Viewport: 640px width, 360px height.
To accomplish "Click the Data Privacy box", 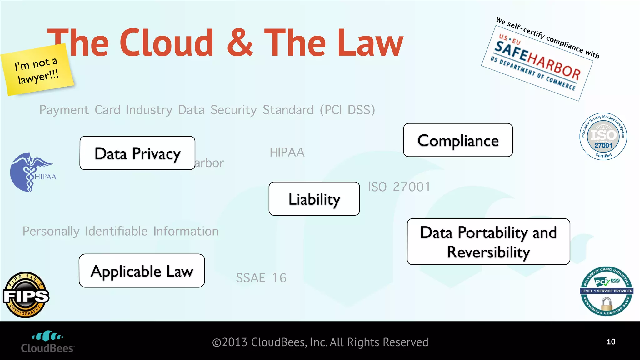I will pos(137,153).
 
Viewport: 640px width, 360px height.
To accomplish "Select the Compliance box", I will pos(458,140).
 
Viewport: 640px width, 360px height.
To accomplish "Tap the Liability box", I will pos(314,199).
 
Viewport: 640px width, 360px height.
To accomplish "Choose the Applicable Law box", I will pos(142,271).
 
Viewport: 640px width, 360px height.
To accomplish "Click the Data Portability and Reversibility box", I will pos(488,242).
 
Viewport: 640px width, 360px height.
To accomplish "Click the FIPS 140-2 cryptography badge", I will pos(26,295).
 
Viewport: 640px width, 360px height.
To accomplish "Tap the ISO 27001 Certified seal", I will pos(603,137).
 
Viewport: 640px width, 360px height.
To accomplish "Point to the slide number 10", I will pos(611,342).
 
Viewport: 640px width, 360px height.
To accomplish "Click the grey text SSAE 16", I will pos(261,278).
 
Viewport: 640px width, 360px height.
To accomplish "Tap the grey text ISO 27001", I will pos(399,187).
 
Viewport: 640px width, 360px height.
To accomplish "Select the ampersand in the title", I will pos(240,42).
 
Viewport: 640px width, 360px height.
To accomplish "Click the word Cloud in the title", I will pos(167,42).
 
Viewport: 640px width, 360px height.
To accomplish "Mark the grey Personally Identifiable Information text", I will pos(120,231).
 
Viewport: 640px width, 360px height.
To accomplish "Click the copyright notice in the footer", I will pos(320,342).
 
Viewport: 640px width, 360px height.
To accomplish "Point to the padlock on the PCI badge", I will pos(607,304).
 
